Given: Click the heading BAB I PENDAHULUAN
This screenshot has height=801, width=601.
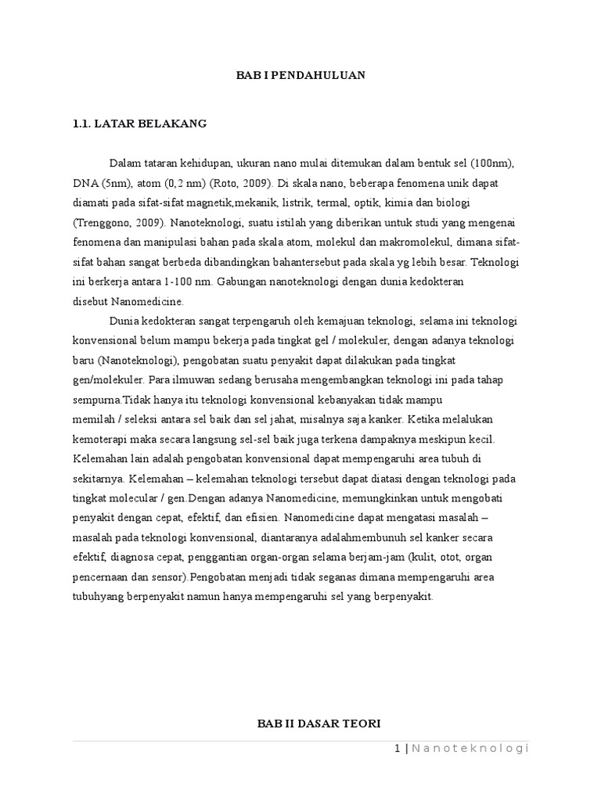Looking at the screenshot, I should pyautogui.click(x=301, y=75).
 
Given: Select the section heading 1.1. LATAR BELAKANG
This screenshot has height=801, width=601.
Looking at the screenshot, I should pyautogui.click(x=139, y=124).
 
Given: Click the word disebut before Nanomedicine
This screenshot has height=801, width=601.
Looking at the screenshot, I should pyautogui.click(x=90, y=301).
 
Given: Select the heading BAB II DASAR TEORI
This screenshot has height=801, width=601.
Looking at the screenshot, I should pyautogui.click(x=319, y=724).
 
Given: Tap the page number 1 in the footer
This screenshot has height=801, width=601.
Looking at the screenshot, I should pyautogui.click(x=398, y=749).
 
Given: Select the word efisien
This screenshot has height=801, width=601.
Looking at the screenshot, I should pyautogui.click(x=257, y=517).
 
